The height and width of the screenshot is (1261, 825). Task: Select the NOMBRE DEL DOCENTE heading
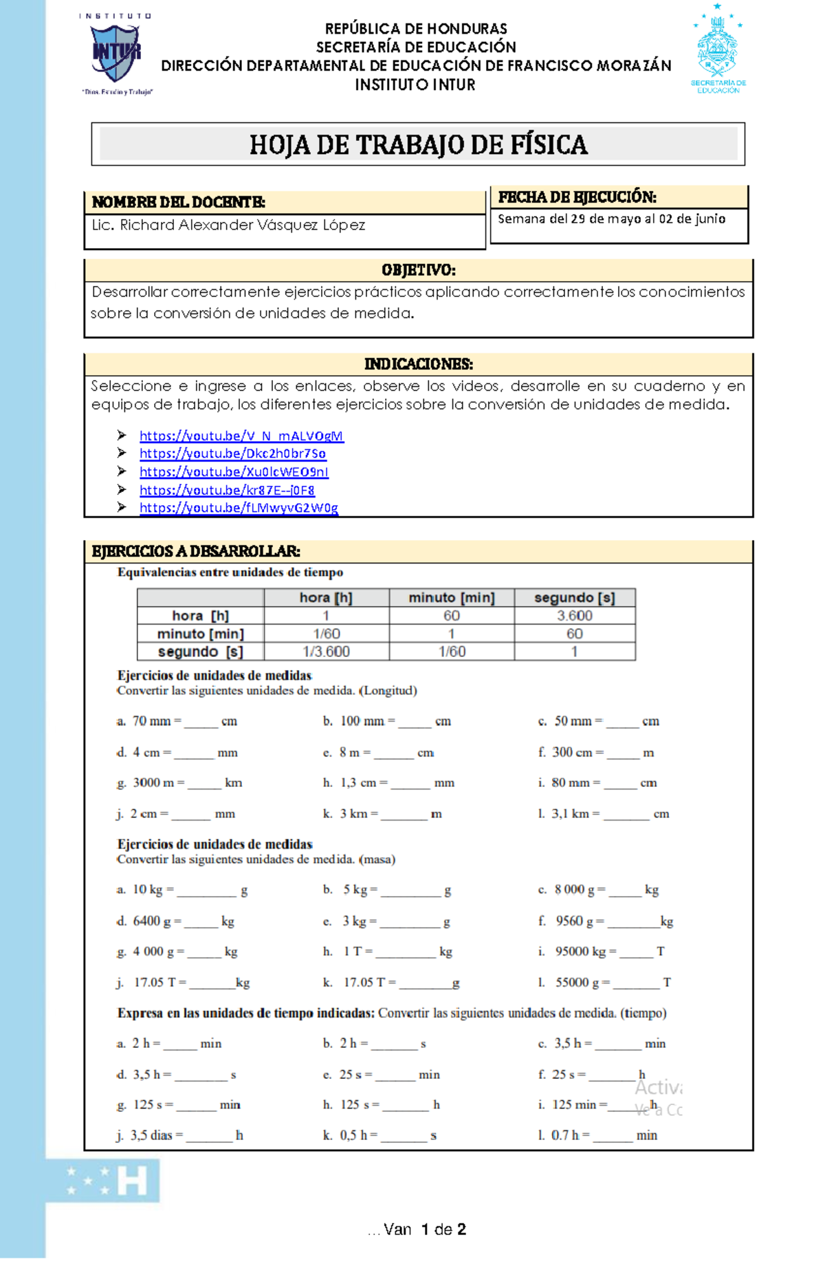click(178, 202)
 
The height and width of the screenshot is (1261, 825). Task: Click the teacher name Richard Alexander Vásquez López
click(228, 225)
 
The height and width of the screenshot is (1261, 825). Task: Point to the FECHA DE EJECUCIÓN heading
click(576, 197)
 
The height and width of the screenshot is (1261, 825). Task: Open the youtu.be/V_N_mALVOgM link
click(241, 436)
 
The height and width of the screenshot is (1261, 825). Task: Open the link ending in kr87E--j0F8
click(227, 490)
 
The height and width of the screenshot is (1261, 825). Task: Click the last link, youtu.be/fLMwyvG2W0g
click(239, 508)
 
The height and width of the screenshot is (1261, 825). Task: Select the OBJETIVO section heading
click(418, 270)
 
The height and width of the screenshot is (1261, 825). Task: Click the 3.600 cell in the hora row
click(574, 616)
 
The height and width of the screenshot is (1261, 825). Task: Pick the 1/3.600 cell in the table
click(326, 651)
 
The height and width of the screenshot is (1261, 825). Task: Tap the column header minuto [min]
click(451, 598)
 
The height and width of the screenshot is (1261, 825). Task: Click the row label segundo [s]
click(200, 651)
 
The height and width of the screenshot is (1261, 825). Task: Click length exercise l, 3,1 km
click(602, 814)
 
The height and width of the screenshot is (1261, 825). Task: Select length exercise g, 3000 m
click(179, 783)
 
